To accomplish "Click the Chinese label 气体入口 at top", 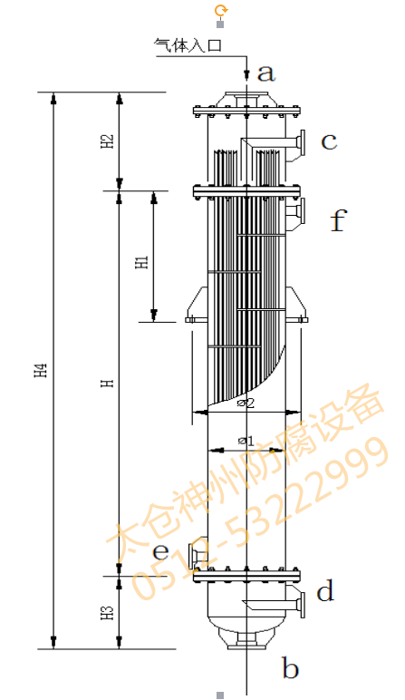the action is (x=188, y=45).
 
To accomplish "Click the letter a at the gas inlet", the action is (x=266, y=73).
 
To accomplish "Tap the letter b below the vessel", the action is (x=290, y=668).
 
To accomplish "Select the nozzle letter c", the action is (x=329, y=141).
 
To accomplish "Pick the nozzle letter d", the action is (x=325, y=590).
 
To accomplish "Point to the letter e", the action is (x=161, y=552).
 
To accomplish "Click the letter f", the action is (x=339, y=220).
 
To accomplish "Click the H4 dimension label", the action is (x=41, y=370).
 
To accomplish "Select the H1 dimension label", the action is (x=141, y=263).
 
